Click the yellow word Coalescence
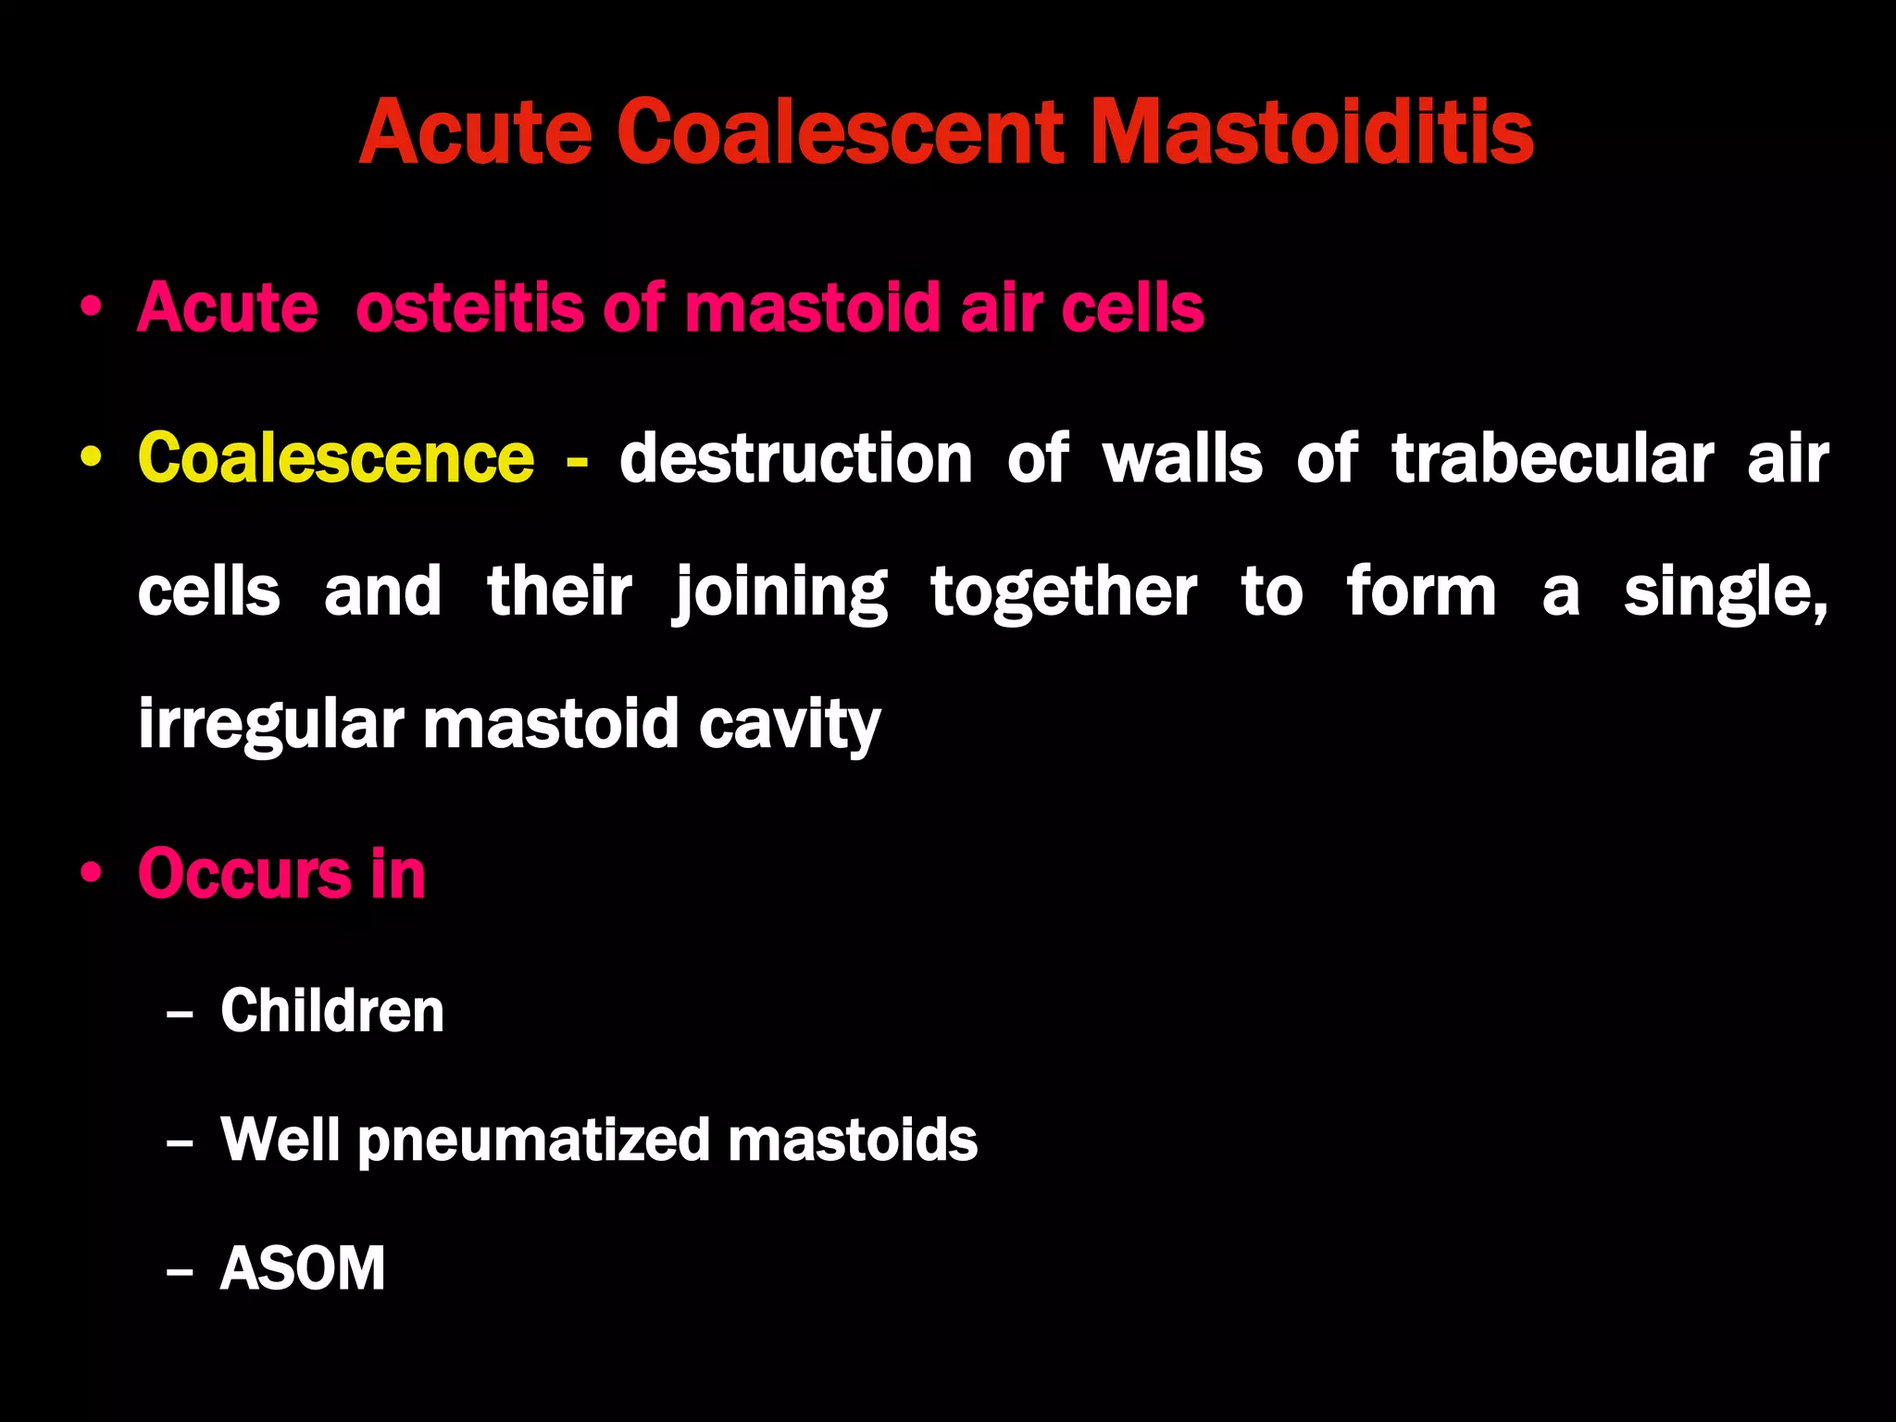coord(336,458)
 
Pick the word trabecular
coord(1553,458)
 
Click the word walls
coord(1182,458)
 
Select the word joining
coord(780,592)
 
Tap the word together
coord(1064,592)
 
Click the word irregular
coord(271,724)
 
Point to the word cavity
coord(789,724)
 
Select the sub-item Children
coord(332,1010)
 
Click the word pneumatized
coord(534,1140)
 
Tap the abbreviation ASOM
coord(303,1268)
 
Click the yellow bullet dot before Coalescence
coord(91,458)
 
